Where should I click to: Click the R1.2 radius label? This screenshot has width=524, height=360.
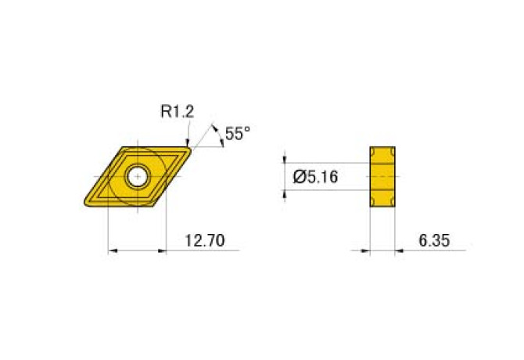coord(177,112)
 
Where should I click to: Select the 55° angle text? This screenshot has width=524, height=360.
coord(237,134)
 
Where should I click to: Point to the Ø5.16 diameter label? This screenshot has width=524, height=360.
coord(315,177)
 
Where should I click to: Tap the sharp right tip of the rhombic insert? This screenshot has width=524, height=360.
coord(191,146)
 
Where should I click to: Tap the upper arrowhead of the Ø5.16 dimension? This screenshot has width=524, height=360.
coord(285,160)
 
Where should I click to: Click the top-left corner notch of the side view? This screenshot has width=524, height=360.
coord(374,151)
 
